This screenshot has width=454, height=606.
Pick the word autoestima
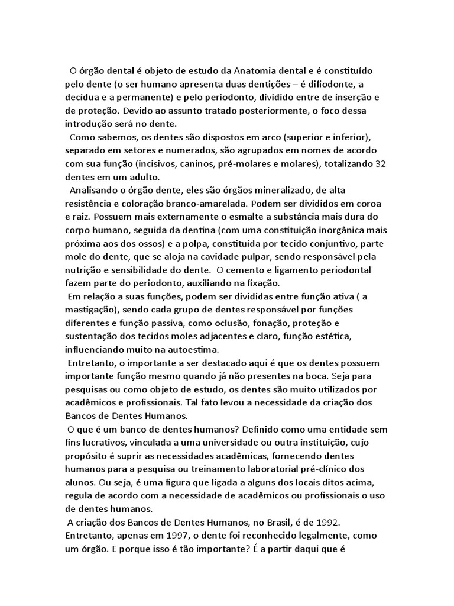coord(186,349)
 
